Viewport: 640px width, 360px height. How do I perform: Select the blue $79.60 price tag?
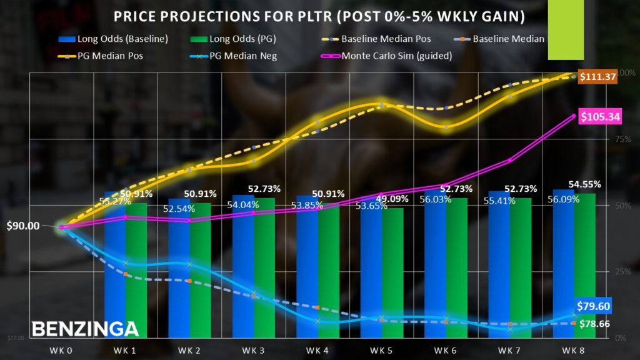(594, 306)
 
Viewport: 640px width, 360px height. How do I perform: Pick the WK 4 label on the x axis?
(317, 350)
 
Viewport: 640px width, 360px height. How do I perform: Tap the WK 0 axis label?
(62, 350)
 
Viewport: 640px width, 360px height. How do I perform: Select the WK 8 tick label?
(573, 350)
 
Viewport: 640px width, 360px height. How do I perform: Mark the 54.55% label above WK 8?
(585, 184)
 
